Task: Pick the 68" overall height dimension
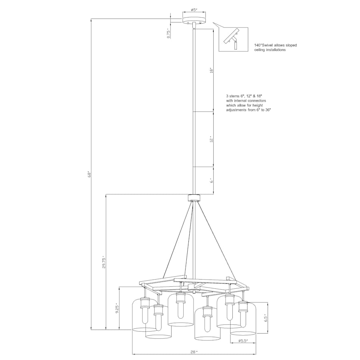point(90,174)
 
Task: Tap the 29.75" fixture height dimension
point(104,262)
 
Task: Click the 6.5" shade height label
point(265,318)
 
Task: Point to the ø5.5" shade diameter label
point(243,341)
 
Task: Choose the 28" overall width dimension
point(194,352)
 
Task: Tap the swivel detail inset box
point(234,39)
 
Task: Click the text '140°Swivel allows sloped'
point(275,46)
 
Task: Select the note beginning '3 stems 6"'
point(248,103)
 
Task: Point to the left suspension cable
point(176,240)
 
